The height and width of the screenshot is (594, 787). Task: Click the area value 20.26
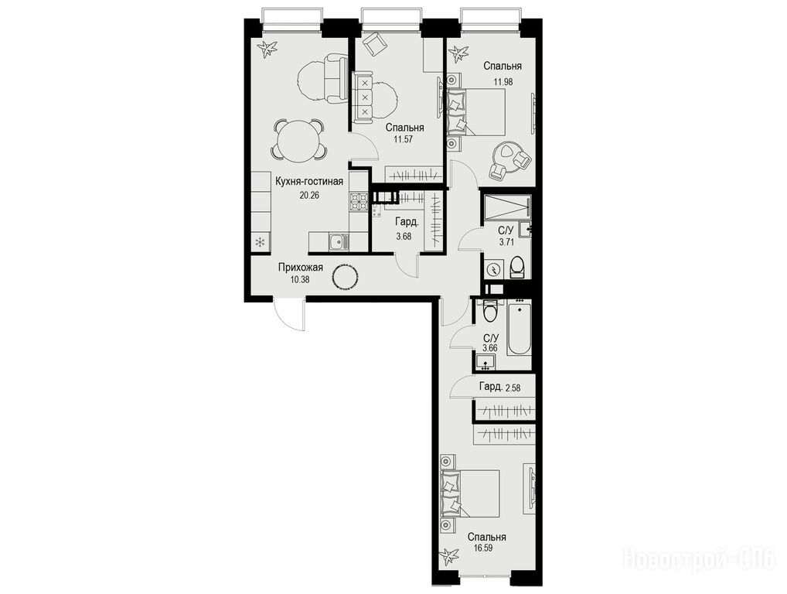tap(309, 196)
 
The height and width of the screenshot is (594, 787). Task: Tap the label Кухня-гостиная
tap(309, 182)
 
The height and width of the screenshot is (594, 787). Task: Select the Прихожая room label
tap(300, 268)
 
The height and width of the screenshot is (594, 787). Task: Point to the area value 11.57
tap(403, 139)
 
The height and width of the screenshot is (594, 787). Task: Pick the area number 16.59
tap(482, 548)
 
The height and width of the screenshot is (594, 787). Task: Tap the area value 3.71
tap(506, 243)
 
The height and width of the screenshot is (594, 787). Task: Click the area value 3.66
tap(490, 347)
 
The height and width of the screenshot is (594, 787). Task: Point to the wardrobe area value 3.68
tap(404, 236)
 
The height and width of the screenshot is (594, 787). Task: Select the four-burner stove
tap(359, 203)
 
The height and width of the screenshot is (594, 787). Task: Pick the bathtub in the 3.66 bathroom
tap(519, 328)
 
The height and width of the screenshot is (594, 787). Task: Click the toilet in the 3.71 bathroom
tap(517, 267)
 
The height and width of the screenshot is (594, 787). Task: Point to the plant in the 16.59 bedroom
tap(448, 556)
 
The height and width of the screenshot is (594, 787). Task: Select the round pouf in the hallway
tap(345, 277)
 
